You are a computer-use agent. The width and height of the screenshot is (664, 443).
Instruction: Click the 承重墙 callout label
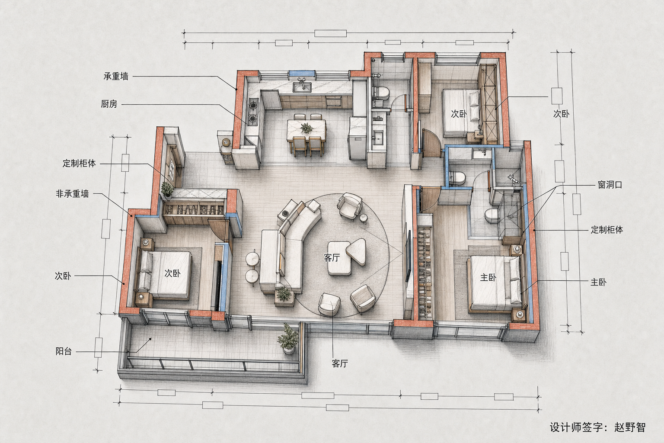116,77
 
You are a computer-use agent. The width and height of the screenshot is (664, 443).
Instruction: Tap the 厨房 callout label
109,104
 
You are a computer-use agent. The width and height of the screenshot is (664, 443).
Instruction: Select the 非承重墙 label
72,194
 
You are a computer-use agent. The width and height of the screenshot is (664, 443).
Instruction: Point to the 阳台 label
64,351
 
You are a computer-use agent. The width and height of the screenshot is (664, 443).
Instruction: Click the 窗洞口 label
610,185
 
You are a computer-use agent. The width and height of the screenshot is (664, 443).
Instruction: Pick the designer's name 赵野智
630,427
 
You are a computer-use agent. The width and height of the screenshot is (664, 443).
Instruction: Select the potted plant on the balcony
287,339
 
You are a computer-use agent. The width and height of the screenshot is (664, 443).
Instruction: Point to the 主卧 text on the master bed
488,278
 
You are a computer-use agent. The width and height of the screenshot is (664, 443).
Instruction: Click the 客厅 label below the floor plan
340,363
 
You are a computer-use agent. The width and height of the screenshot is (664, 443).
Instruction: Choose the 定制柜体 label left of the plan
79,164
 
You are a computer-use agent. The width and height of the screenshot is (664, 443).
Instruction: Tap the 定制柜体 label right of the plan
607,230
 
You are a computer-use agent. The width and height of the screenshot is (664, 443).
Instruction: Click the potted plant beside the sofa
284,293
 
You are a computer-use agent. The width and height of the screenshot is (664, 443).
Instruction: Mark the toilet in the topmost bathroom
383,93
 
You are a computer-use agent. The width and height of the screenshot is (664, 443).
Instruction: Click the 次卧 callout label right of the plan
561,114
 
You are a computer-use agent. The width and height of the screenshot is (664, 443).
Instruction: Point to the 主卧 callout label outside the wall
598,282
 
